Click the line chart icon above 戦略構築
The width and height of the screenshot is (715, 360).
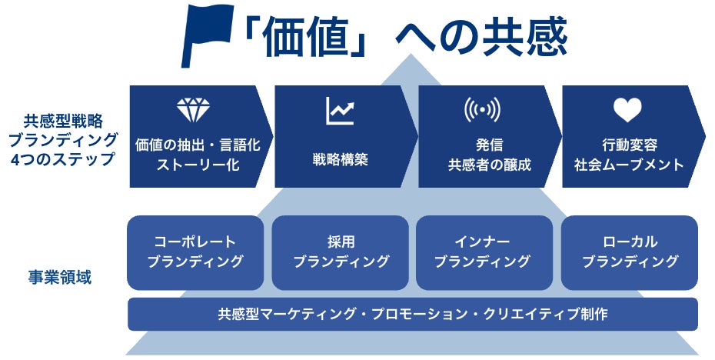tap(339, 111)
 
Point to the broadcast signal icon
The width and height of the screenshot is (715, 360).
tap(482, 111)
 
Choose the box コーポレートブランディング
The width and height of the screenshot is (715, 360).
tap(195, 252)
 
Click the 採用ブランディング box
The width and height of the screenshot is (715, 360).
tap(341, 252)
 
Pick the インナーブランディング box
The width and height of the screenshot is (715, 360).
tap(483, 252)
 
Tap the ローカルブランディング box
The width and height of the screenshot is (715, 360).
tap(630, 252)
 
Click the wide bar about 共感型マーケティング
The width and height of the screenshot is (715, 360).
tap(412, 314)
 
